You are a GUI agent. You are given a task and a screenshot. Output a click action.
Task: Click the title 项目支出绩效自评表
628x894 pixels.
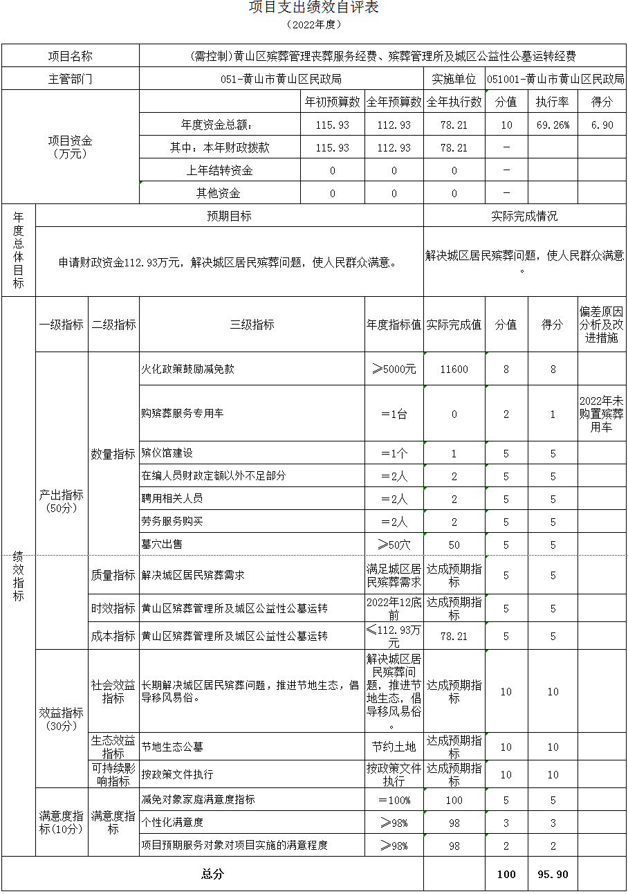click(313, 8)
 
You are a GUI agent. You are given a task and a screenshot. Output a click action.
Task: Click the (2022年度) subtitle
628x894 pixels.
click(313, 25)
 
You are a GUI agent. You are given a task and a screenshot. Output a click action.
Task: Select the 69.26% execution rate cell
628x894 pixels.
click(552, 125)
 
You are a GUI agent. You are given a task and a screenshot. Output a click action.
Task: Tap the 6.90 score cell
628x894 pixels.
click(602, 125)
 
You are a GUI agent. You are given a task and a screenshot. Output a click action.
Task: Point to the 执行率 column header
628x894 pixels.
click(552, 102)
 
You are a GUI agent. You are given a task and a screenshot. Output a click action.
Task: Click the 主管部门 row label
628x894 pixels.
click(70, 79)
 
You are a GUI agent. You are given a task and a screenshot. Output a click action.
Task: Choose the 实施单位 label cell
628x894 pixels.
click(454, 79)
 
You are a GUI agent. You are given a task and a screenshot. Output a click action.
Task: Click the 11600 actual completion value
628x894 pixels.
click(454, 370)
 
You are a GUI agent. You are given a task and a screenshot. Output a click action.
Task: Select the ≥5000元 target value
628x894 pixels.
click(394, 370)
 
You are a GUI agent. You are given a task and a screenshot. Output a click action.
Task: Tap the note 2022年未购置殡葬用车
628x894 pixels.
click(601, 414)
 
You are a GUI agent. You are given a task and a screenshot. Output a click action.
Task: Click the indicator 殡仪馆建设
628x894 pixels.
click(167, 453)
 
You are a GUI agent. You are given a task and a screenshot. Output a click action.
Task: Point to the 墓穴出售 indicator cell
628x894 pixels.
click(162, 545)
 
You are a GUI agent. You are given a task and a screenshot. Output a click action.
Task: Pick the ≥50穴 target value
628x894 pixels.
click(394, 545)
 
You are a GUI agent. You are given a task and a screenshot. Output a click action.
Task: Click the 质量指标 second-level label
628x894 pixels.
click(113, 575)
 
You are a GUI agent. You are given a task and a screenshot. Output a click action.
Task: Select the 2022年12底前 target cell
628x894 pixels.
click(394, 608)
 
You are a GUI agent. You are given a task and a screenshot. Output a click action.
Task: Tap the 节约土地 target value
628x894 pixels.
click(394, 747)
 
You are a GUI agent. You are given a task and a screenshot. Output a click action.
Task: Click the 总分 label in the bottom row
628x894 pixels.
click(212, 875)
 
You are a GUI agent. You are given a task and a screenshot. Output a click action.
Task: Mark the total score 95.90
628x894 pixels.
click(553, 875)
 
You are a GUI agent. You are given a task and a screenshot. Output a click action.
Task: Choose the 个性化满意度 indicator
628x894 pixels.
click(172, 823)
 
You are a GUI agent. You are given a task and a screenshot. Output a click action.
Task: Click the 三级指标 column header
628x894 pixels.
click(252, 325)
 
